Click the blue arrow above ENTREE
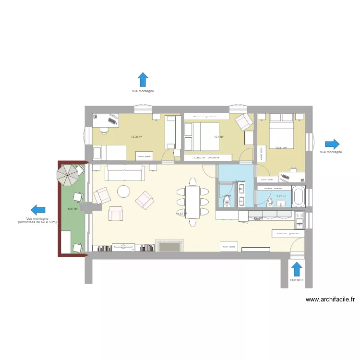click(297, 268)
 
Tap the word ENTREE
click(297, 279)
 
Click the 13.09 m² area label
click(136, 137)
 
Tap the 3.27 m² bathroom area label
click(281, 196)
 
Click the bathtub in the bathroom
click(298, 196)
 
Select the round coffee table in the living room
click(124, 192)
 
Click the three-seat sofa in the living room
click(125, 172)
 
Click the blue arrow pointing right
click(332, 144)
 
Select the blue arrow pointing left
click(38, 210)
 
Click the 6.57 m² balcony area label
click(72, 209)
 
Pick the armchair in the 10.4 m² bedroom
click(243, 122)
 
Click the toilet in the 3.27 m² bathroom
click(270, 202)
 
